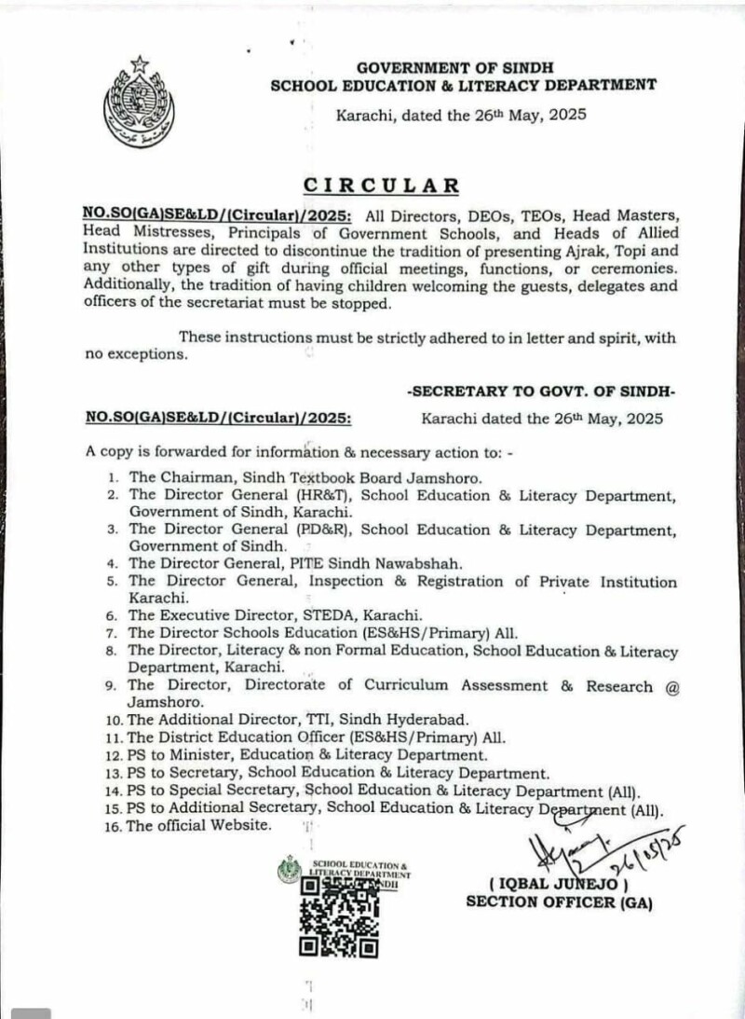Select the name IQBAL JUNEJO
coord(560,884)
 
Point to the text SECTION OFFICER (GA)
coord(559,902)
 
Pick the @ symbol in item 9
coord(670,686)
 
